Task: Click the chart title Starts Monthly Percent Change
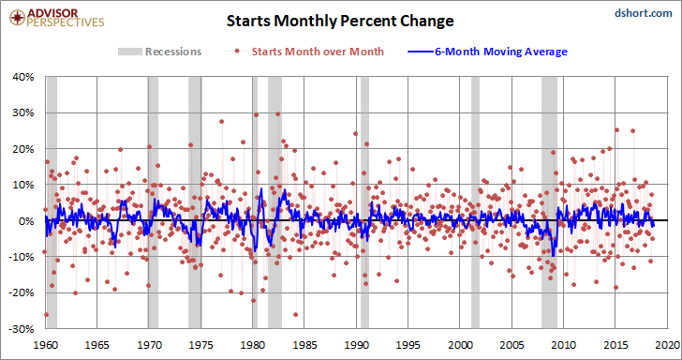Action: click(340, 21)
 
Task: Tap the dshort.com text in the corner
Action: click(644, 13)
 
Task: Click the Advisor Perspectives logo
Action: click(56, 18)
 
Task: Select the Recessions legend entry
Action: click(159, 52)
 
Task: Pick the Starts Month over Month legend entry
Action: click(304, 52)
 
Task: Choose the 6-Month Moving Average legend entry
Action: click(487, 52)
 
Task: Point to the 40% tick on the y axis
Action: click(24, 78)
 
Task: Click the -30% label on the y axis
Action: click(23, 329)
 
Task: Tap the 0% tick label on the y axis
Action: click(27, 221)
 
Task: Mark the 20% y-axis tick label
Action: click(24, 149)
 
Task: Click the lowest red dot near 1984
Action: click(296, 314)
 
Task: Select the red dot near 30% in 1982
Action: click(277, 114)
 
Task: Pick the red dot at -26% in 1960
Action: click(46, 314)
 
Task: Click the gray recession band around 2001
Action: click(475, 202)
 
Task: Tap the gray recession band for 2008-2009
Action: click(549, 202)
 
